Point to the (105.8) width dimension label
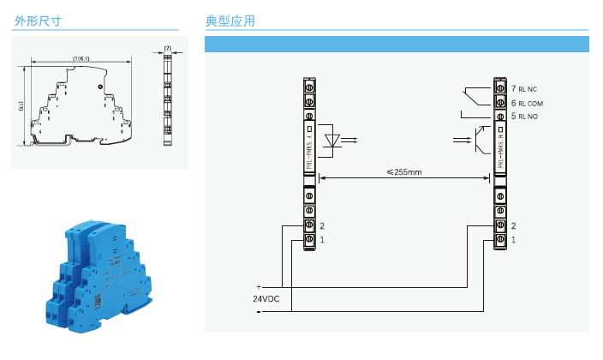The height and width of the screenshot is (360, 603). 82,58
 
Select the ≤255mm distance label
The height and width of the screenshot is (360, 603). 404,171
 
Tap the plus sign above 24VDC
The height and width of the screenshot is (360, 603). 258,285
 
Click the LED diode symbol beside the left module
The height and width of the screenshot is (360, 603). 338,139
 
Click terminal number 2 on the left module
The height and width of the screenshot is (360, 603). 321,225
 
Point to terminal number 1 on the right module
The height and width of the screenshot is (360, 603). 513,240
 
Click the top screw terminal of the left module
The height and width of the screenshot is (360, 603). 309,86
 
